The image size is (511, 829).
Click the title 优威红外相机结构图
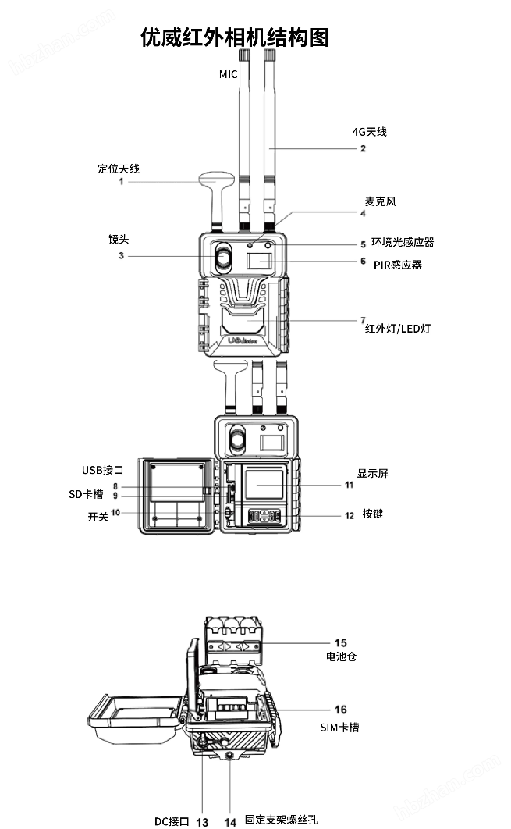point(235,37)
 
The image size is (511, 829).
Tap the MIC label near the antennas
point(228,73)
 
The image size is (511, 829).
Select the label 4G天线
point(369,132)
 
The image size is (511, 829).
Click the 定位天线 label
point(119,169)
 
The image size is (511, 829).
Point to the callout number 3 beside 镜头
point(121,255)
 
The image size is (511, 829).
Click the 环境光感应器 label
point(403,243)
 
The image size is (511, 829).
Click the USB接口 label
point(103,470)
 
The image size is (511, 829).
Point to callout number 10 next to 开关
point(115,513)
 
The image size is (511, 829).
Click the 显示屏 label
point(372,473)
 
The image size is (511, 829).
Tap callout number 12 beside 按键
point(350,515)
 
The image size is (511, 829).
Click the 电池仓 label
point(341,656)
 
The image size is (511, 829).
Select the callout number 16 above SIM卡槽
point(341,710)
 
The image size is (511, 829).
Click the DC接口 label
point(172,820)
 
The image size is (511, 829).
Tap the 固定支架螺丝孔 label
point(281,820)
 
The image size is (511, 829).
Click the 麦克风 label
point(381,201)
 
